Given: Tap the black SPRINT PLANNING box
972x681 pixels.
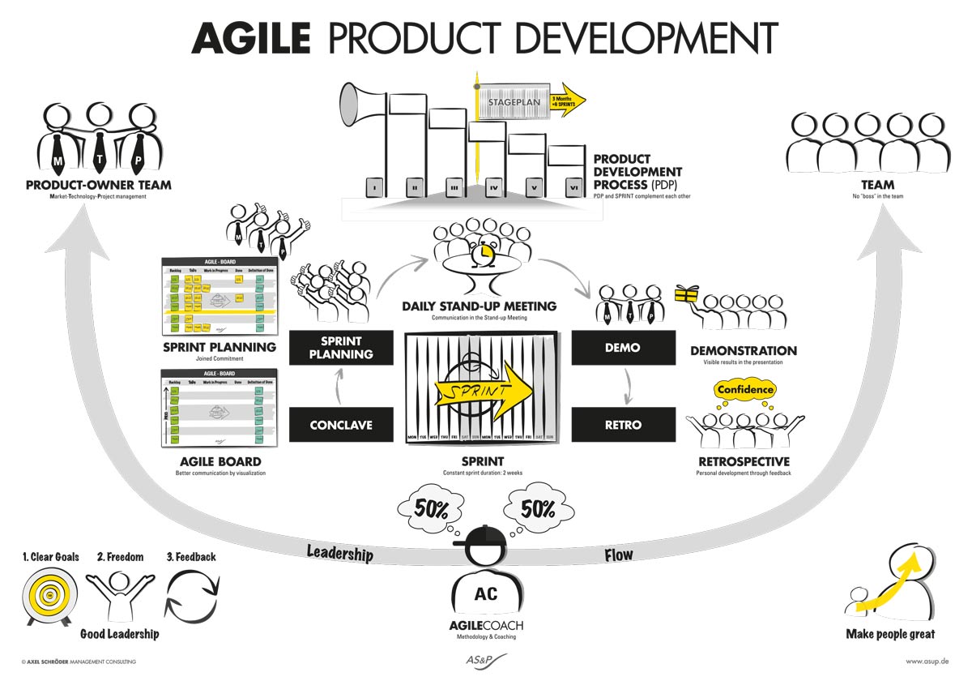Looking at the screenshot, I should point(341,347).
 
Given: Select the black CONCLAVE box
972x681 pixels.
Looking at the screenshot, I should point(341,424).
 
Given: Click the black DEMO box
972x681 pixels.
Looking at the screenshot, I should point(623,347).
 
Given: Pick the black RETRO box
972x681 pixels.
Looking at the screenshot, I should point(623,424).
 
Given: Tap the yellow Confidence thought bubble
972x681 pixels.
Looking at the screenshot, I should point(746,390).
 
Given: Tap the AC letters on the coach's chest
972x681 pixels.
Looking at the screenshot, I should point(486,594).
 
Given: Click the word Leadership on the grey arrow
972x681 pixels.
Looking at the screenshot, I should point(339,554).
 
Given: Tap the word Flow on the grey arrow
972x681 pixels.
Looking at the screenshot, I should point(619,555).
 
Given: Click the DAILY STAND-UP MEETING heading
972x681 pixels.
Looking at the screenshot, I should point(480,306).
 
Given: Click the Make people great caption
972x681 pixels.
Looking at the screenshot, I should point(890,634).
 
